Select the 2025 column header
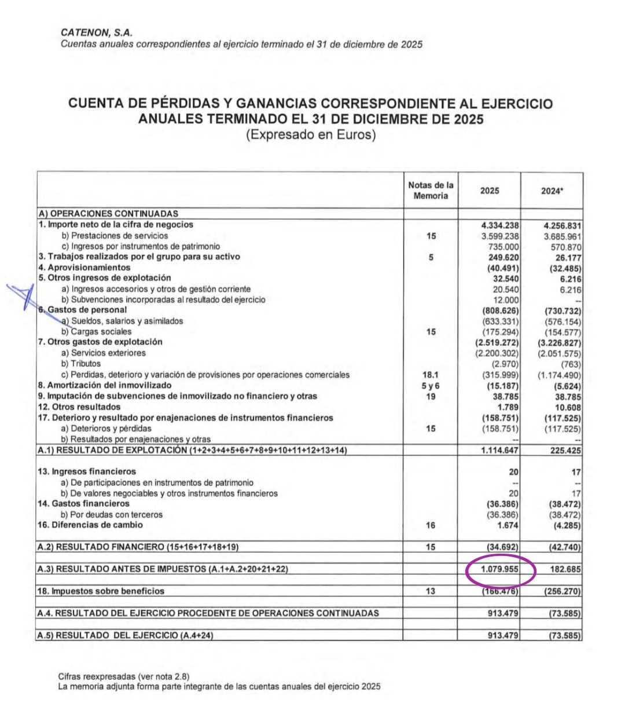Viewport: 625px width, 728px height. point(489,191)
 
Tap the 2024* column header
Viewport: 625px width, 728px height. point(552,191)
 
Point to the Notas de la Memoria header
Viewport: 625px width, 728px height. point(431,191)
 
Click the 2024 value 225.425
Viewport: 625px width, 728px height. point(565,451)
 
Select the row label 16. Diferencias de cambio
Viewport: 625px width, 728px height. point(90,525)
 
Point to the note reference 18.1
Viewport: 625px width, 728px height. point(431,375)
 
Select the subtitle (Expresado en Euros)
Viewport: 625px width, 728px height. point(311,136)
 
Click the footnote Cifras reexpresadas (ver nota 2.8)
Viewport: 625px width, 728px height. point(124,676)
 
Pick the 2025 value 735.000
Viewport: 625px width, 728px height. point(503,246)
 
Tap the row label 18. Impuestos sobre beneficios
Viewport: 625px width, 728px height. point(101,591)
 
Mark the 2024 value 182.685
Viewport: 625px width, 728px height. point(565,570)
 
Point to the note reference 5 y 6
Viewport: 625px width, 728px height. point(431,386)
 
